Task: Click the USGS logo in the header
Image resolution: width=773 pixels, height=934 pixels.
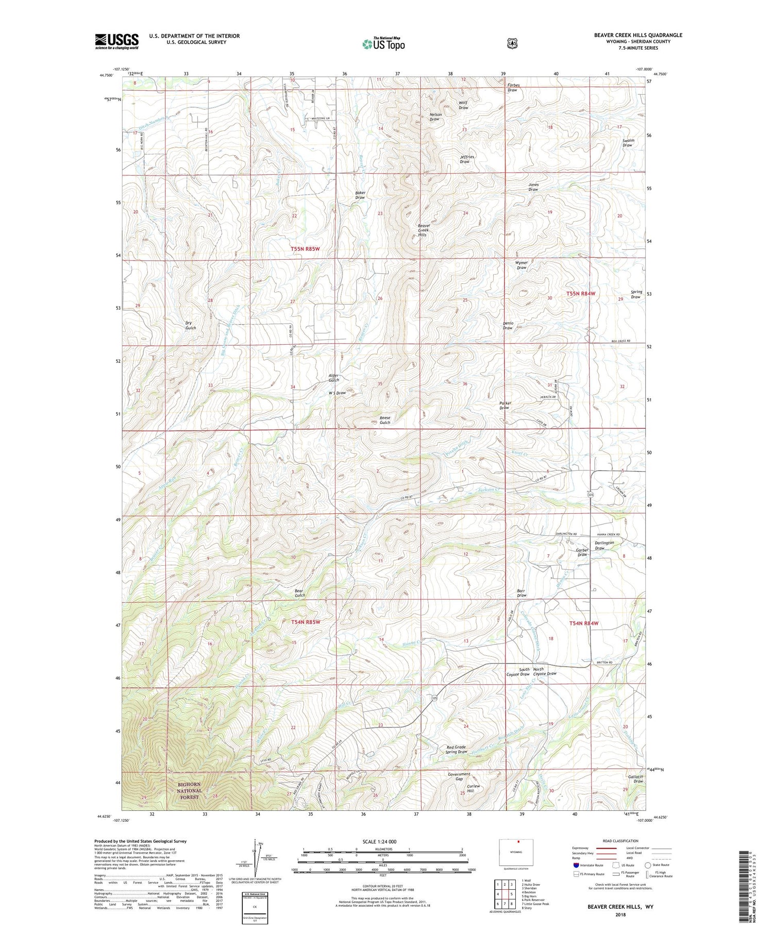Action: coord(117,41)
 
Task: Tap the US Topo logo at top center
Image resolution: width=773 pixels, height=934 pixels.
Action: coord(383,44)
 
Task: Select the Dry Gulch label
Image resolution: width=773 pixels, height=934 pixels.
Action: coord(191,326)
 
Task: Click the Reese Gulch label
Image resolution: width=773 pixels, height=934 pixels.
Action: coord(385,420)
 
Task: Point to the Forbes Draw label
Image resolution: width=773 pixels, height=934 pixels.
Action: coord(512,88)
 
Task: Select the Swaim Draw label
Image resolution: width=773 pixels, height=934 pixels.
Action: coord(627,143)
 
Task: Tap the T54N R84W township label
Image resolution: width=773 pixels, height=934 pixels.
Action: coord(584,623)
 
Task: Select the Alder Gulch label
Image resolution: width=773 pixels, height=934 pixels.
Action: coord(334,378)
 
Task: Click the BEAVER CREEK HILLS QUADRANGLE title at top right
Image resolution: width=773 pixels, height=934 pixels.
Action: coord(638,35)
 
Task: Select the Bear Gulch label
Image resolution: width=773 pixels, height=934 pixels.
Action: coord(300,593)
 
